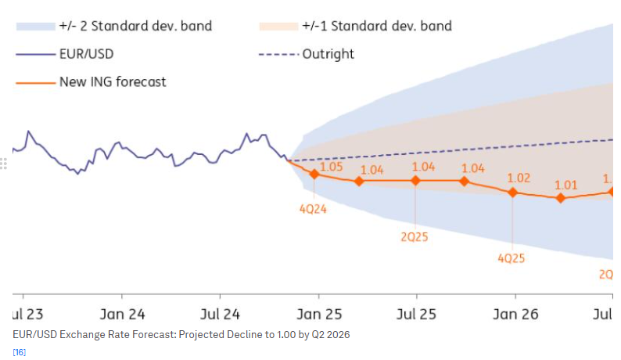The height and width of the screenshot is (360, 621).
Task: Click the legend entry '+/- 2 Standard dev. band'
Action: tap(135, 26)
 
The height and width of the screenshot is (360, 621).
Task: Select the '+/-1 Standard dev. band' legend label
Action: tap(376, 26)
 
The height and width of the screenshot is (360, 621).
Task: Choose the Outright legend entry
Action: tap(328, 54)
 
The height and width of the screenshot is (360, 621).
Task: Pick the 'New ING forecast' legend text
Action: tap(113, 81)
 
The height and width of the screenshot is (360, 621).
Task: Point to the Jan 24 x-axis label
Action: tap(122, 315)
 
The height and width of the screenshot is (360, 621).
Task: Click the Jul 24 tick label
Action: tap(220, 315)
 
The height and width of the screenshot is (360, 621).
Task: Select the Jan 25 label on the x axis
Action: tap(319, 315)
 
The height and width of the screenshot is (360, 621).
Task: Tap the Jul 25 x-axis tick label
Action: tap(416, 315)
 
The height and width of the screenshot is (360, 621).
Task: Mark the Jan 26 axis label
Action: tap(515, 315)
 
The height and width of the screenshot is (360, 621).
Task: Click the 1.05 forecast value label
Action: tap(332, 167)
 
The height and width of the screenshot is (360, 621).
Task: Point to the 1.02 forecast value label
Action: tap(519, 178)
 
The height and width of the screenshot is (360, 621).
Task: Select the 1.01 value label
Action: tap(565, 185)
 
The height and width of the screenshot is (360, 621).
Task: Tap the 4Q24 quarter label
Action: tap(314, 209)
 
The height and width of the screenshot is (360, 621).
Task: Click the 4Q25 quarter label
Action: tap(512, 257)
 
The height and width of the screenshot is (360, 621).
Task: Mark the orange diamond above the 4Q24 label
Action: tap(314, 174)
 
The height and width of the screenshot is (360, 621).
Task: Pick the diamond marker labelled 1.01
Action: tap(561, 198)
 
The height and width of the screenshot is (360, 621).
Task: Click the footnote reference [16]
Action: tap(20, 352)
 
